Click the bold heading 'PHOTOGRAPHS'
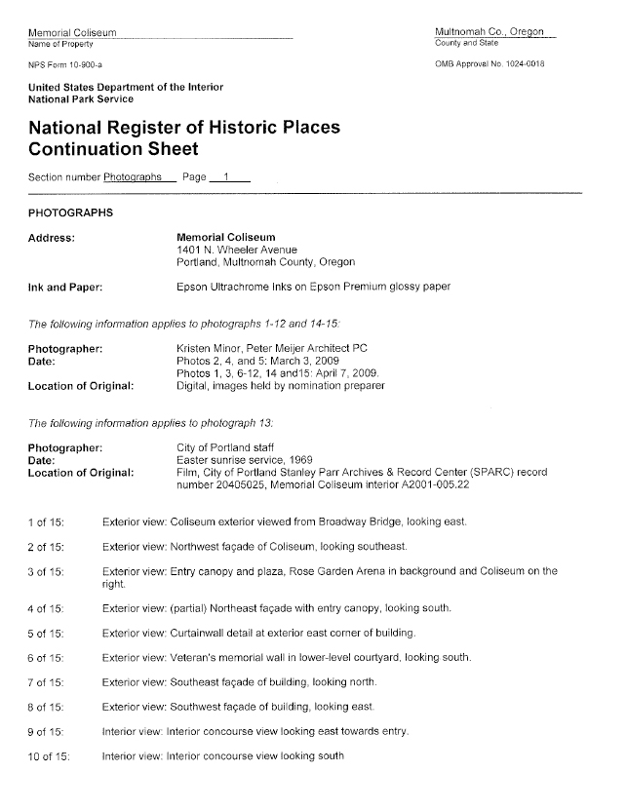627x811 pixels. [70, 212]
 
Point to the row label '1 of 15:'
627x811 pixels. [47, 522]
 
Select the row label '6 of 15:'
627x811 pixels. [47, 659]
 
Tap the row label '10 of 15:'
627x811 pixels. [50, 756]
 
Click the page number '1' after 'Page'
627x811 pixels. [226, 177]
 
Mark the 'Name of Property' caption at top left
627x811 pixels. [60, 45]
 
